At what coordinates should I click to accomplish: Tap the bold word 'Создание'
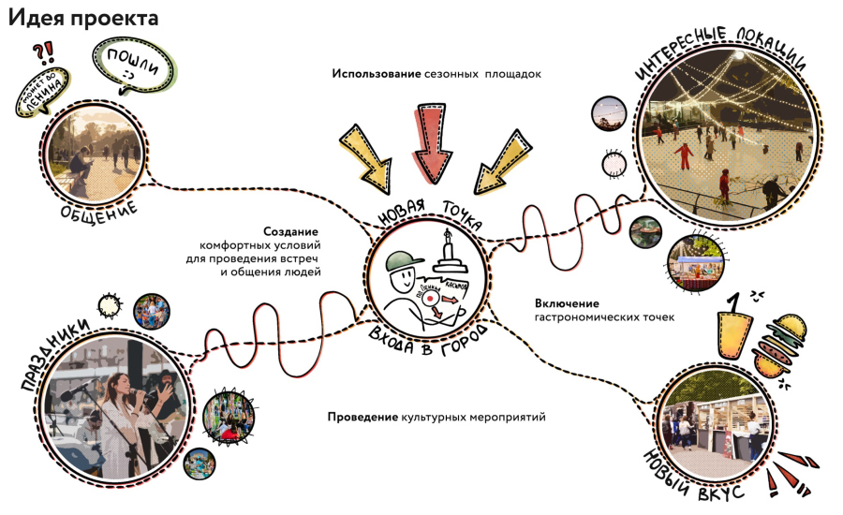pos(290,231)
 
